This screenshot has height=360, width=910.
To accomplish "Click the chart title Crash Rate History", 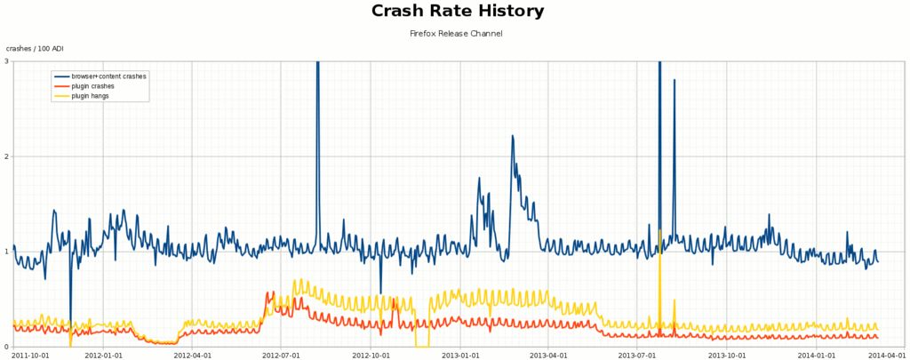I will coord(455,12).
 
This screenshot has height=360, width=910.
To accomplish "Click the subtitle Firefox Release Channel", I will coord(455,34).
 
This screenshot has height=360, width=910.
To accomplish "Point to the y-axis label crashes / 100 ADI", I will coord(36,48).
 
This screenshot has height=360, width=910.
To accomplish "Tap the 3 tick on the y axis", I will coord(6,61).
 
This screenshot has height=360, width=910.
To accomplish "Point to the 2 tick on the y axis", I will coord(6,156).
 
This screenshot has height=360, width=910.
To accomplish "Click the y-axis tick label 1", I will coord(6,252).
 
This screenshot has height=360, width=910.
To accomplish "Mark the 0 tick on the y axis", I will coord(6,347).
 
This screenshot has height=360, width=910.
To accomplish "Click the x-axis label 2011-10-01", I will coord(29,355).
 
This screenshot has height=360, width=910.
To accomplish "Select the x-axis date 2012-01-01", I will coord(103,355).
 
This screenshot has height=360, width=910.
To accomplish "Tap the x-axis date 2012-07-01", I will coord(281,355).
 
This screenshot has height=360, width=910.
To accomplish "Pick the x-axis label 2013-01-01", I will coord(461,355).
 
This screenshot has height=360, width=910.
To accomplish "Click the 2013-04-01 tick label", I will coord(548,355).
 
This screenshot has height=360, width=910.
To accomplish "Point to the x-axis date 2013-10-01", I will coord(727,355).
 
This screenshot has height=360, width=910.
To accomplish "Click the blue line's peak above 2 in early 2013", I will coord(512,136).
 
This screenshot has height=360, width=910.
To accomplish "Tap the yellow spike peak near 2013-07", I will coord(660,230).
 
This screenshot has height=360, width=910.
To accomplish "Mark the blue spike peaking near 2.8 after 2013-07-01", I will coord(675,80).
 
